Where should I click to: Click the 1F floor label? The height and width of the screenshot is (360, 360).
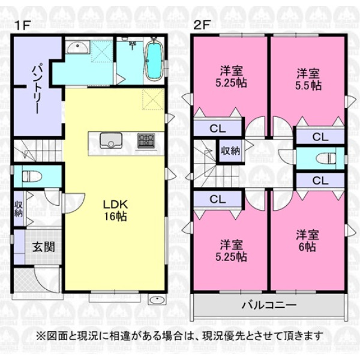[x=22, y=25]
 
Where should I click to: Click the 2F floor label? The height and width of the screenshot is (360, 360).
[x=202, y=25]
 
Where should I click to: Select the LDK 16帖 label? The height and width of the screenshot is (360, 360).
[x=115, y=211]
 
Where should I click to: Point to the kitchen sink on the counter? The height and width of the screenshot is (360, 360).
[x=110, y=140]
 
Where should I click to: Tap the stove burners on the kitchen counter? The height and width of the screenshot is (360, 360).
[x=146, y=141]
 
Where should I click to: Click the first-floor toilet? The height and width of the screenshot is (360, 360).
[x=32, y=176]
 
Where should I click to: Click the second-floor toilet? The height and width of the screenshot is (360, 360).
[x=326, y=158]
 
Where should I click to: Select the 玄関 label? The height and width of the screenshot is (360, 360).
[x=43, y=247]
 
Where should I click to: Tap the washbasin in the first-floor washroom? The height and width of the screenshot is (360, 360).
[x=77, y=47]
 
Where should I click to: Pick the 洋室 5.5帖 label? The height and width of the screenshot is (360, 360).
[x=308, y=79]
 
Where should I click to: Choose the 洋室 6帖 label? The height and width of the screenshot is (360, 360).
[x=307, y=241]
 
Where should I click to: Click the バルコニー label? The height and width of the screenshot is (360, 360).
[x=269, y=305]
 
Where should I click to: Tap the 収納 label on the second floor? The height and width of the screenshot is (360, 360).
[x=230, y=151]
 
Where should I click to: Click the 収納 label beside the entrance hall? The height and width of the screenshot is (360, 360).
[x=19, y=209]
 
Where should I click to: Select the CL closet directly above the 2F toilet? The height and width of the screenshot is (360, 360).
[x=320, y=137]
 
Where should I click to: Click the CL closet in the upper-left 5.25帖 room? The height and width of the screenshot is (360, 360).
[x=218, y=129]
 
